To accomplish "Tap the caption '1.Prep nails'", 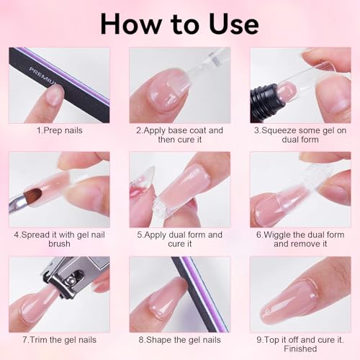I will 58,130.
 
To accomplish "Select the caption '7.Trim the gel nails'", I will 59,339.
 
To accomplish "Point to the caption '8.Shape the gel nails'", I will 179,339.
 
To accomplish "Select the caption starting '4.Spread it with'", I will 59,239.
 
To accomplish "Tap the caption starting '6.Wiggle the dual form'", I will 300,239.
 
